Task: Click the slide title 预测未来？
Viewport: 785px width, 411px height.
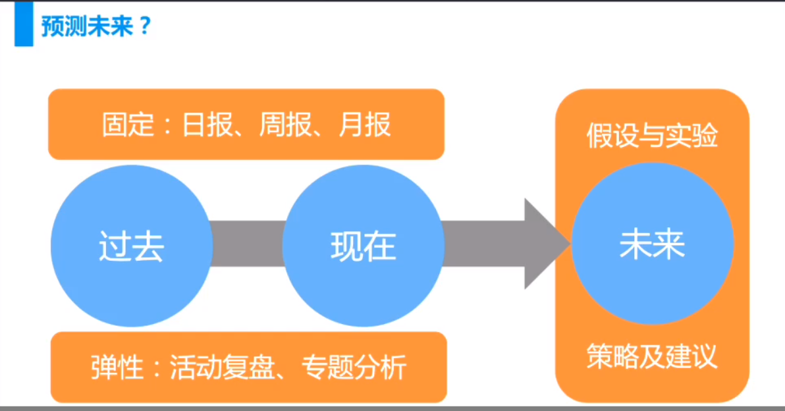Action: coord(95,26)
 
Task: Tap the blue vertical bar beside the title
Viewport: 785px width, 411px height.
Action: coord(24,24)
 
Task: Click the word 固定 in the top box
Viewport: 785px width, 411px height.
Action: coord(128,124)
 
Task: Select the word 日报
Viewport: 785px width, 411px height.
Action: coord(207,124)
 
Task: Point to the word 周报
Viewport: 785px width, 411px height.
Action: coord(286,124)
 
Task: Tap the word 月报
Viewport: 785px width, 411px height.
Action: coord(364,124)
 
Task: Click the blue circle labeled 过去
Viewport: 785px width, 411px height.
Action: coord(132,246)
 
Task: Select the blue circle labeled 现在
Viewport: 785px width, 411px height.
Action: coord(364,246)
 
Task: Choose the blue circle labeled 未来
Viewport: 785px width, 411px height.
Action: coord(653,244)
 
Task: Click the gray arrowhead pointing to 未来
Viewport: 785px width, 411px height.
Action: coord(547,244)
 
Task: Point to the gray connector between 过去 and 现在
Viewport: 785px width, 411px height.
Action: coord(248,244)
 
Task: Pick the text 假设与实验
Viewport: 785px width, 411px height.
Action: coord(653,136)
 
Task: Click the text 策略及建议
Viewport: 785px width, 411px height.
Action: coord(653,357)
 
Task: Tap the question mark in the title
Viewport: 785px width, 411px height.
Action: coord(145,26)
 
